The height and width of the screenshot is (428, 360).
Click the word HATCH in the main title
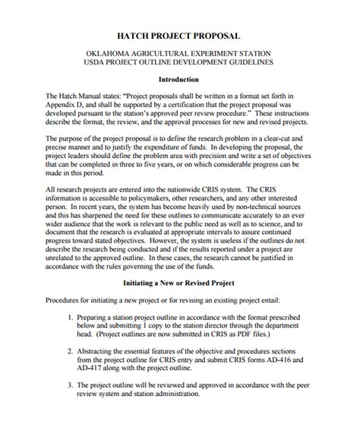tap(137, 35)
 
